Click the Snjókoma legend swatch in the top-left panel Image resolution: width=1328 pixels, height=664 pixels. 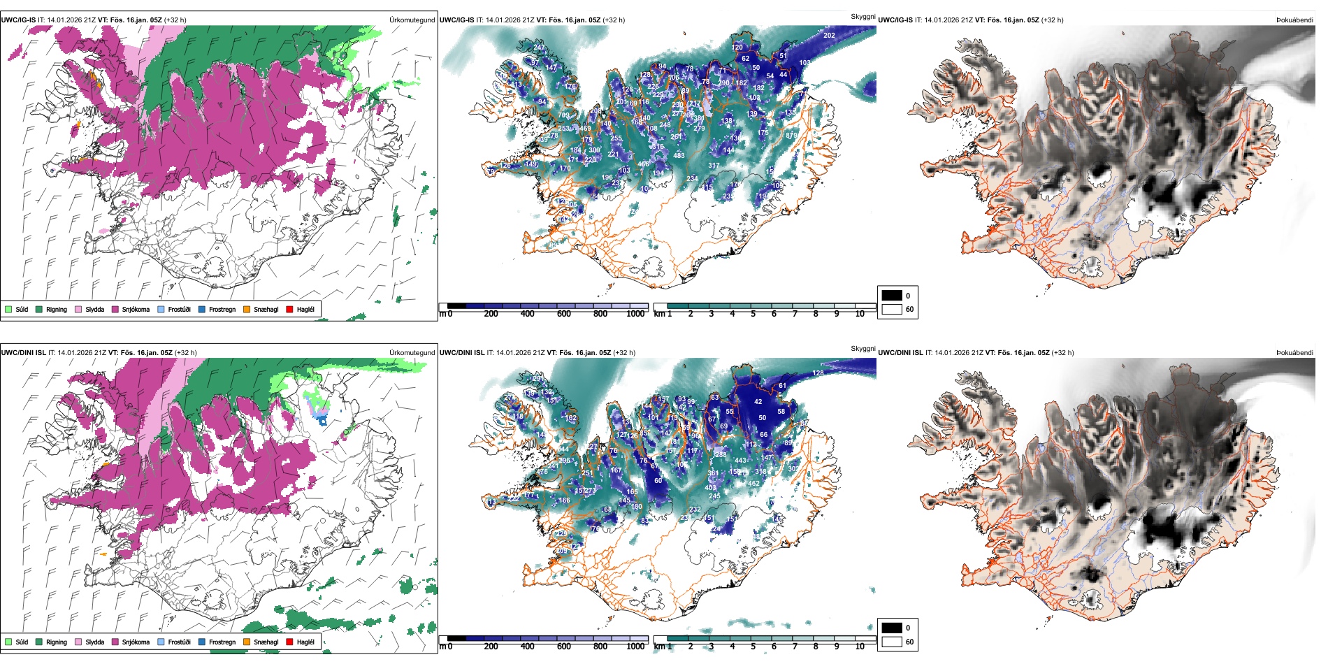tap(115, 309)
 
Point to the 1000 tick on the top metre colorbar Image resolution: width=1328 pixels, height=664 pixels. tap(635, 314)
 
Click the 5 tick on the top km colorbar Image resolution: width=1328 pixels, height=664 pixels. tap(753, 314)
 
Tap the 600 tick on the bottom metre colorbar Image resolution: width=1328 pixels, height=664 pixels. tap(564, 647)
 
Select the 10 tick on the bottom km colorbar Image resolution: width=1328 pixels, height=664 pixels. tap(860, 647)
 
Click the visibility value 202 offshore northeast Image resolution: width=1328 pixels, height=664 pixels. tap(829, 35)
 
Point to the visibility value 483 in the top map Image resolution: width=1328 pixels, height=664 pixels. tap(679, 156)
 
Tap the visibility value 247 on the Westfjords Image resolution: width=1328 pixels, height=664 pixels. tap(539, 48)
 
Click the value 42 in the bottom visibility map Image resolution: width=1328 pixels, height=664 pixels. tap(758, 402)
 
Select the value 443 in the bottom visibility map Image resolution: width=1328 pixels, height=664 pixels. tap(741, 461)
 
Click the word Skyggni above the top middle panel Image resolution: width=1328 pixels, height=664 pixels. tap(863, 17)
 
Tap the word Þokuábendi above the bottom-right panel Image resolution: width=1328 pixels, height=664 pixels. tap(1294, 353)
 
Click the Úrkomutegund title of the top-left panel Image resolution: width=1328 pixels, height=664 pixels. tap(412, 20)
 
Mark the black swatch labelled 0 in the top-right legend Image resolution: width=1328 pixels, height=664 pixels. tap(892, 296)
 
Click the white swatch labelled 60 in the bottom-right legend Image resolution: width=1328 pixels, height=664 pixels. tap(892, 642)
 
